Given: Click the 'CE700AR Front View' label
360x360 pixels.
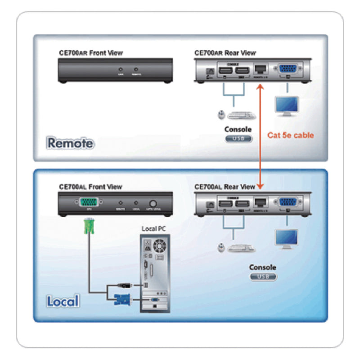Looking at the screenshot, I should point(90,53).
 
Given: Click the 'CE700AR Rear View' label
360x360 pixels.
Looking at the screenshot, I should point(225,53).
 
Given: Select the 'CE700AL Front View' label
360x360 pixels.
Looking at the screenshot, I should point(90,187).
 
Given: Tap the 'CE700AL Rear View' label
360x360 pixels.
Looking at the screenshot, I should point(225,187).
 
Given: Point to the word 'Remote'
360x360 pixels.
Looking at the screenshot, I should point(71,144).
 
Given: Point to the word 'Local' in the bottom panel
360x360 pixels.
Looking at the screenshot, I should point(63,301).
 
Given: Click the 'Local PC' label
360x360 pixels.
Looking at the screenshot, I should point(153,229).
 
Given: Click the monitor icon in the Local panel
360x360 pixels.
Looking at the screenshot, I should point(287,238).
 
